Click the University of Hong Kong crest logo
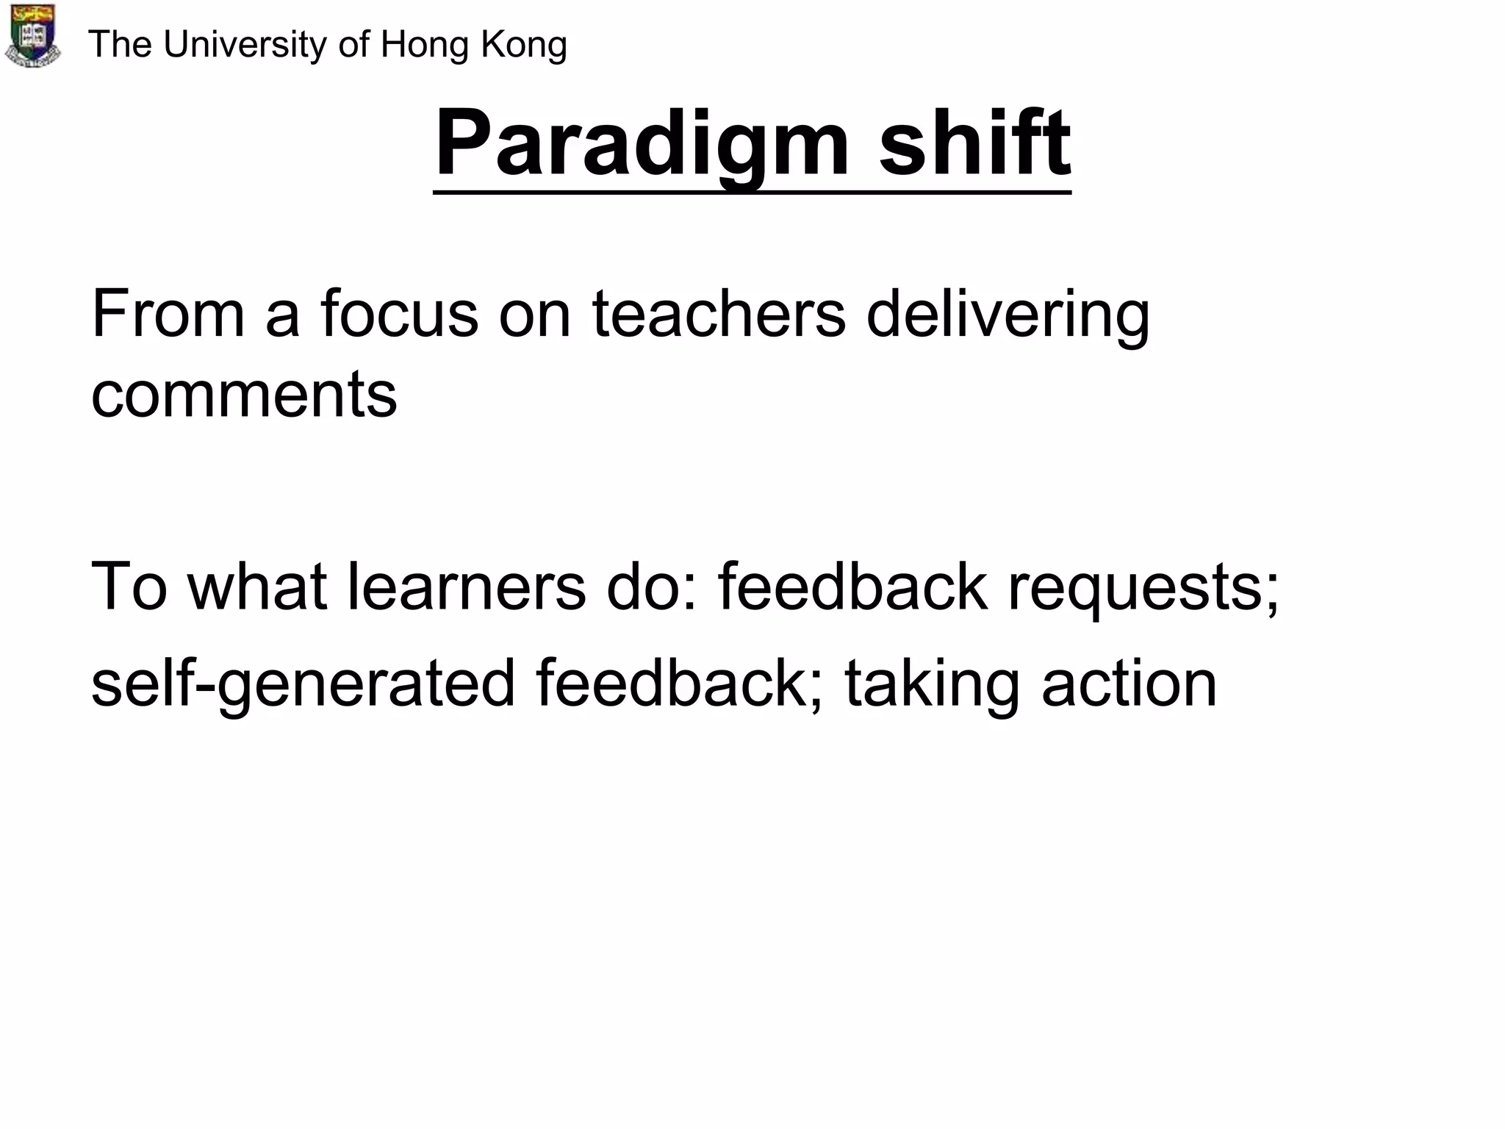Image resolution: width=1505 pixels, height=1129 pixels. click(32, 35)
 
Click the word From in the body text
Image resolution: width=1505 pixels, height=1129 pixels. click(168, 314)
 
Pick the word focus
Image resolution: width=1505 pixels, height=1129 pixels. click(399, 314)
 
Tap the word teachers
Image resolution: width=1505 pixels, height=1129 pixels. click(719, 314)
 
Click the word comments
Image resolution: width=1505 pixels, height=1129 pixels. click(244, 395)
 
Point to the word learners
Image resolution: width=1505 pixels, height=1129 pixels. click(466, 587)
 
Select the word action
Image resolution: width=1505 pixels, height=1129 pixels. click(1129, 684)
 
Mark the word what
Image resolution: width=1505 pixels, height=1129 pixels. click(257, 587)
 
